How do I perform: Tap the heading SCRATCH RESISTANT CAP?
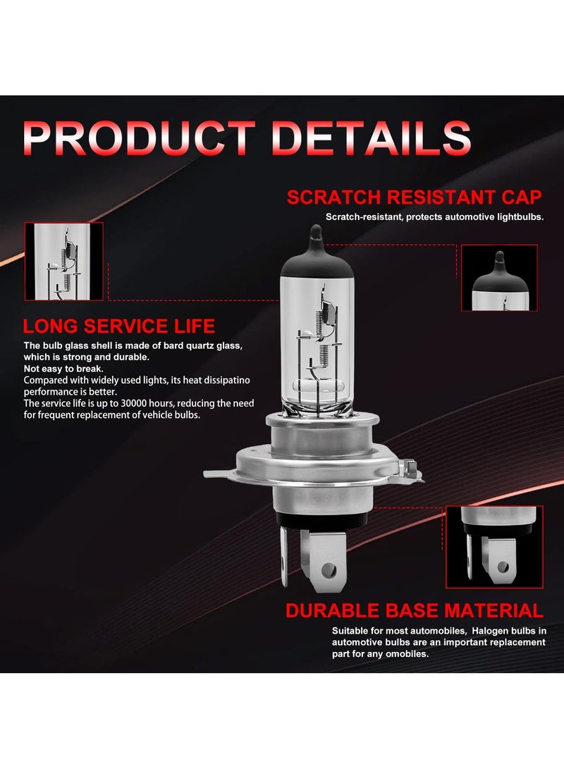[414, 197]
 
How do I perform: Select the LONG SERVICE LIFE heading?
[119, 326]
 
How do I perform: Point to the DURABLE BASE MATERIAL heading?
[415, 610]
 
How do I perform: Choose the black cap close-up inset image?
[499, 278]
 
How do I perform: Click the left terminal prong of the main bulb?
[285, 558]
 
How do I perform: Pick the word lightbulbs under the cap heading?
[518, 217]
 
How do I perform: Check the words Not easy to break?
[63, 369]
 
